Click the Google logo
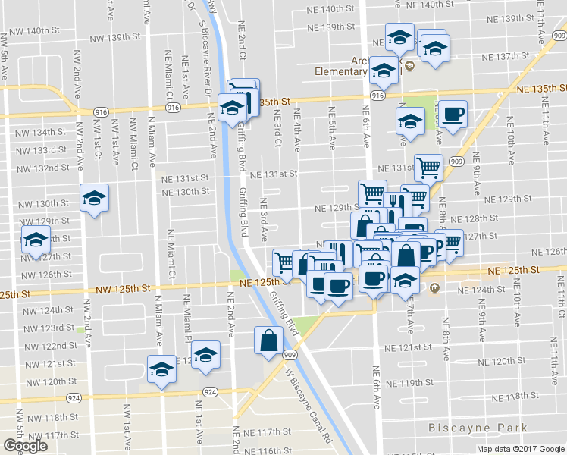pyautogui.click(x=25, y=446)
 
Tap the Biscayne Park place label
pyautogui.click(x=478, y=428)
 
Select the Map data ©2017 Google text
pyautogui.click(x=520, y=448)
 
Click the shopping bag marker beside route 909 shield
pyautogui.click(x=270, y=340)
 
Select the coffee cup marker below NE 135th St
pyautogui.click(x=453, y=115)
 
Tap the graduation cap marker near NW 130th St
pyautogui.click(x=94, y=199)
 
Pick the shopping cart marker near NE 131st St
pyautogui.click(x=429, y=167)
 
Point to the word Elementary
pyautogui.click(x=342, y=72)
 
